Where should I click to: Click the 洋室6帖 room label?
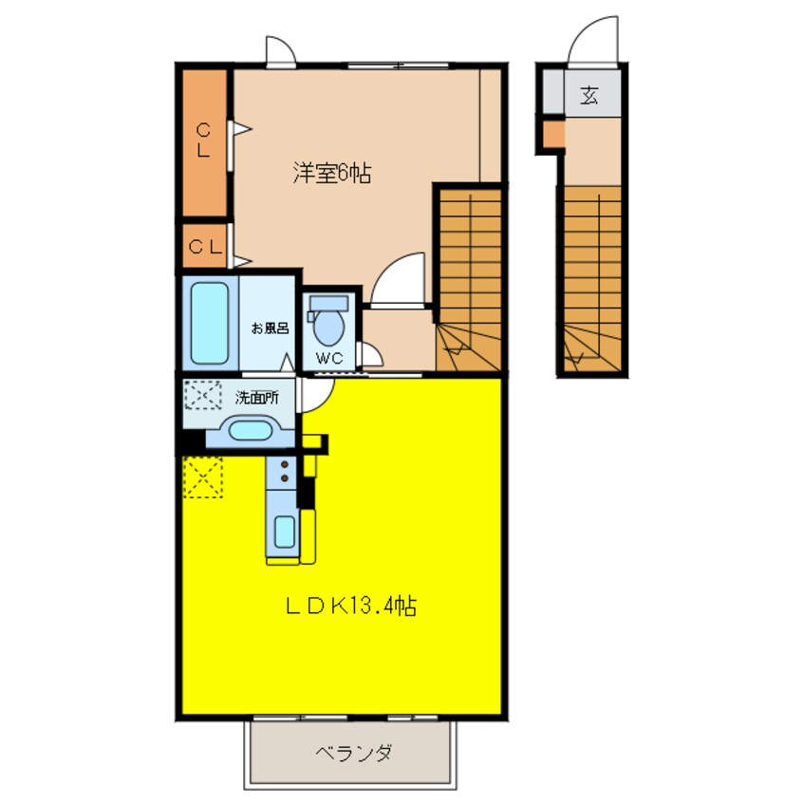pyautogui.click(x=332, y=173)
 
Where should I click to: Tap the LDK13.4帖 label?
pyautogui.click(x=351, y=606)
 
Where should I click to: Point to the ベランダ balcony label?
pyautogui.click(x=353, y=754)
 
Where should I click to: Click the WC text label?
pyautogui.click(x=329, y=358)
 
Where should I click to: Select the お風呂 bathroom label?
pyautogui.click(x=270, y=327)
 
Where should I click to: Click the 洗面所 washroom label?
pyautogui.click(x=257, y=398)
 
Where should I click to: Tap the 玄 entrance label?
pyautogui.click(x=588, y=95)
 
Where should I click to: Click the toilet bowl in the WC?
pyautogui.click(x=328, y=327)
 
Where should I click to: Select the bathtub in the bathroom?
pyautogui.click(x=210, y=323)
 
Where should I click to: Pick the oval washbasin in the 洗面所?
pyautogui.click(x=250, y=430)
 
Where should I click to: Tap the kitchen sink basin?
pyautogui.click(x=284, y=532)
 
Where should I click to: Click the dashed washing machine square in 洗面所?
pyautogui.click(x=203, y=395)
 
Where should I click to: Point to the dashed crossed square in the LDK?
pyautogui.click(x=203, y=477)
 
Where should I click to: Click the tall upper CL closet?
pyautogui.click(x=205, y=142)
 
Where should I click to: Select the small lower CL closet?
pyautogui.click(x=205, y=247)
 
